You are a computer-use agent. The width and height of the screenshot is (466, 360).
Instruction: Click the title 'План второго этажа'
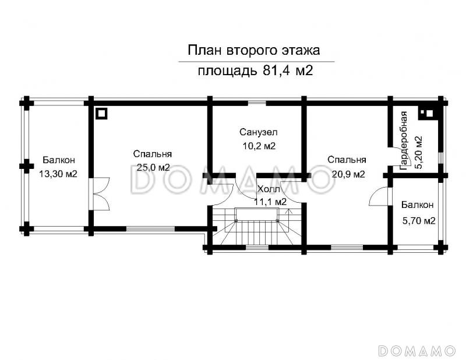(253, 50)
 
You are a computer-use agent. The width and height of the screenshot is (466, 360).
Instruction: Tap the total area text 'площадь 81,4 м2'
(255, 72)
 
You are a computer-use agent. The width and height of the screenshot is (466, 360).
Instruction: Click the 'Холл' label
(268, 189)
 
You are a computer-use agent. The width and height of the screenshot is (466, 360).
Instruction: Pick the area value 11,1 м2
(270, 202)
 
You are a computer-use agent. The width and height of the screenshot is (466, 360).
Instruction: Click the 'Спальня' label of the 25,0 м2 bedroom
(152, 154)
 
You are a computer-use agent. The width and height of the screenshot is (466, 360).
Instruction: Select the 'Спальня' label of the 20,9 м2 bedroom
(346, 160)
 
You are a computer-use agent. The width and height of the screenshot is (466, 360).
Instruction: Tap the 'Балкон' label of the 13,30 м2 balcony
(58, 160)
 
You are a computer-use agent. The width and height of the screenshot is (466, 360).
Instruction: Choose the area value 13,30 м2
(58, 174)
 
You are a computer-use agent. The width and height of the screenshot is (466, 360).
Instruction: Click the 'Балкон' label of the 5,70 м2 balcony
(417, 205)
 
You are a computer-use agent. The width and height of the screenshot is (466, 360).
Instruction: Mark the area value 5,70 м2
(419, 220)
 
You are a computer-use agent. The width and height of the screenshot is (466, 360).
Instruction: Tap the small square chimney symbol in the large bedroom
(101, 113)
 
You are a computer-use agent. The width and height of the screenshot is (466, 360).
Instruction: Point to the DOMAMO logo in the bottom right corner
(416, 350)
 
